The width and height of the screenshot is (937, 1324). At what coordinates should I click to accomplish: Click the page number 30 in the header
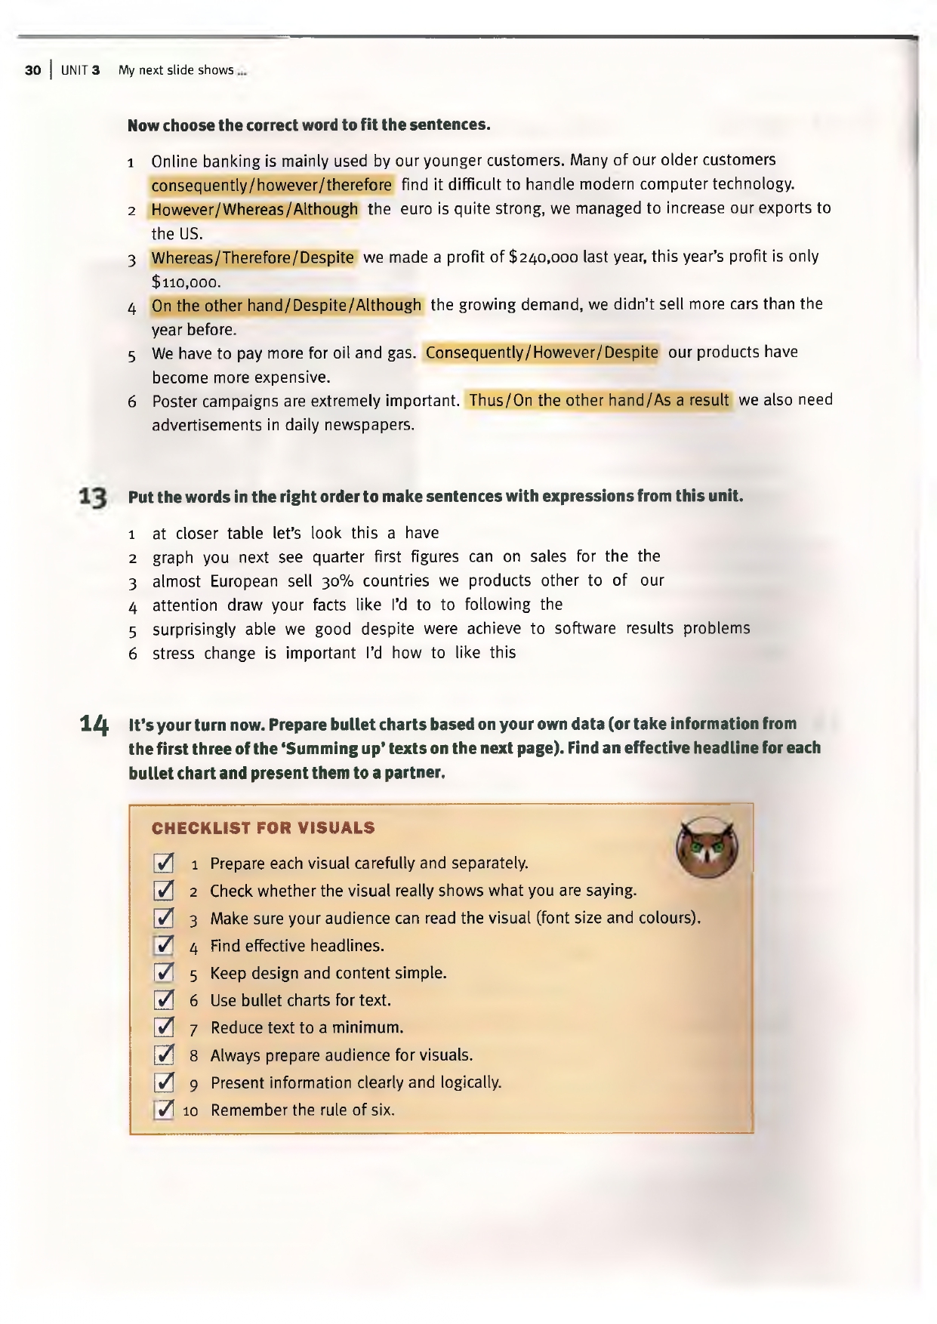[x=32, y=71]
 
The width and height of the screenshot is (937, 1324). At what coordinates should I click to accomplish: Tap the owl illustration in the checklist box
[x=707, y=847]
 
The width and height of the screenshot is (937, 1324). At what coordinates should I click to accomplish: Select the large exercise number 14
[x=94, y=725]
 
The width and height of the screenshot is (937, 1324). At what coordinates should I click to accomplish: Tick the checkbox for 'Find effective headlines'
[x=164, y=945]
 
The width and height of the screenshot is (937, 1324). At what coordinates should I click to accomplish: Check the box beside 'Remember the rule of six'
[x=164, y=1110]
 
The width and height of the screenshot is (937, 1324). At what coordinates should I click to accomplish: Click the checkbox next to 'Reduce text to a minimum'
[x=164, y=1027]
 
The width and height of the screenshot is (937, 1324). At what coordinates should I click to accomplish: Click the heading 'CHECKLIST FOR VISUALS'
[x=263, y=828]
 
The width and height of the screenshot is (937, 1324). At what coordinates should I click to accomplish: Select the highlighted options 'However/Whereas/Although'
[x=254, y=209]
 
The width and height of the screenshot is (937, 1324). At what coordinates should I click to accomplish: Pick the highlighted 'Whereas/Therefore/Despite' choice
[x=252, y=257]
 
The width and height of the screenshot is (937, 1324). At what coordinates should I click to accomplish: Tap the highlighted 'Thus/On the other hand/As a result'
[x=599, y=400]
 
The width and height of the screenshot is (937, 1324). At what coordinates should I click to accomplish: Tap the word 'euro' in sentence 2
[x=416, y=209]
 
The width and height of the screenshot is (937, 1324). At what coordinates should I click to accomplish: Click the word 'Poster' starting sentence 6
[x=176, y=401]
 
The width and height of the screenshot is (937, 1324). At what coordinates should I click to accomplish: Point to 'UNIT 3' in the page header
[x=81, y=71]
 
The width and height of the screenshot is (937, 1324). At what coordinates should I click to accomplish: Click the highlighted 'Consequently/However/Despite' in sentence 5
[x=541, y=353]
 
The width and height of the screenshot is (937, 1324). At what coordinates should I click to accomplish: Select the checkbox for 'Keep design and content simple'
[x=164, y=972]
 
